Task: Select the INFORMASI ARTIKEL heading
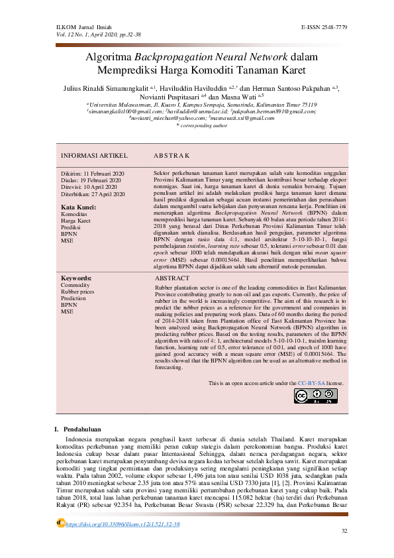pyautogui.click(x=94, y=155)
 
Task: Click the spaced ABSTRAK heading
pyautogui.click(x=172, y=155)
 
